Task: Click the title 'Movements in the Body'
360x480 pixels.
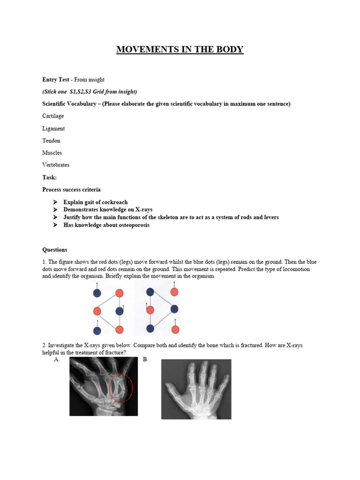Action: [x=180, y=49]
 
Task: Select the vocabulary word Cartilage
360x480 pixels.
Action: [x=53, y=116]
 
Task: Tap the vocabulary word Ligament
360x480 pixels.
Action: [x=53, y=128]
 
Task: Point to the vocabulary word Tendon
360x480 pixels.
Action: [x=51, y=140]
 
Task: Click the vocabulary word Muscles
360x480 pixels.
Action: [x=52, y=152]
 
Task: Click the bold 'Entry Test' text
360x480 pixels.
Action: [x=56, y=80]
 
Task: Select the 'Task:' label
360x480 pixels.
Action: [x=49, y=177]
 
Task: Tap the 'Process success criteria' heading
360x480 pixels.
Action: [x=71, y=190]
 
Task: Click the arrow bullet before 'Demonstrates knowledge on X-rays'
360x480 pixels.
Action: [x=54, y=210]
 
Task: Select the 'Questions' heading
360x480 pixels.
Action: [x=55, y=250]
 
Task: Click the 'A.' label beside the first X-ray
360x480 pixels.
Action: [x=57, y=360]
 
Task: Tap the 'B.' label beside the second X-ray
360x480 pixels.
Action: [x=145, y=360]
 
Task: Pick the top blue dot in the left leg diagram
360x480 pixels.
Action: [x=97, y=293]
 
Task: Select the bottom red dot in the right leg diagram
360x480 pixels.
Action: [x=175, y=330]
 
